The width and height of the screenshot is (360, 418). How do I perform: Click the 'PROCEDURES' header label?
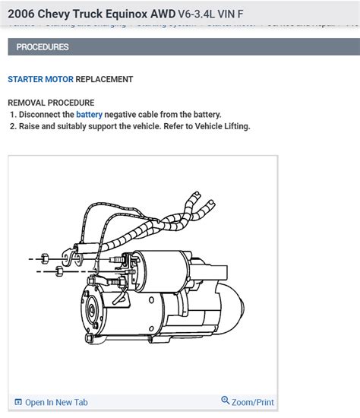43,47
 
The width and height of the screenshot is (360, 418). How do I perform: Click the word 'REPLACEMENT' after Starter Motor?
104,79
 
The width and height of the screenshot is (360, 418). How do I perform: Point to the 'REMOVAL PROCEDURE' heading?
51,103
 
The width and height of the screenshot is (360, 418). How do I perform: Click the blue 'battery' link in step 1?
89,115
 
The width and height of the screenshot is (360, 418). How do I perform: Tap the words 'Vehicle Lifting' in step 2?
220,126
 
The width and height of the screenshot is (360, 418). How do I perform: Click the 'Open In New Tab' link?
56,403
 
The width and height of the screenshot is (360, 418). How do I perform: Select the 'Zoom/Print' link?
253,402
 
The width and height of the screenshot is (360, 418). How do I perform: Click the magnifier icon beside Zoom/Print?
226,401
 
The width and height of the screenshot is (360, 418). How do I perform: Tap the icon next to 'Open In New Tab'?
18,403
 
